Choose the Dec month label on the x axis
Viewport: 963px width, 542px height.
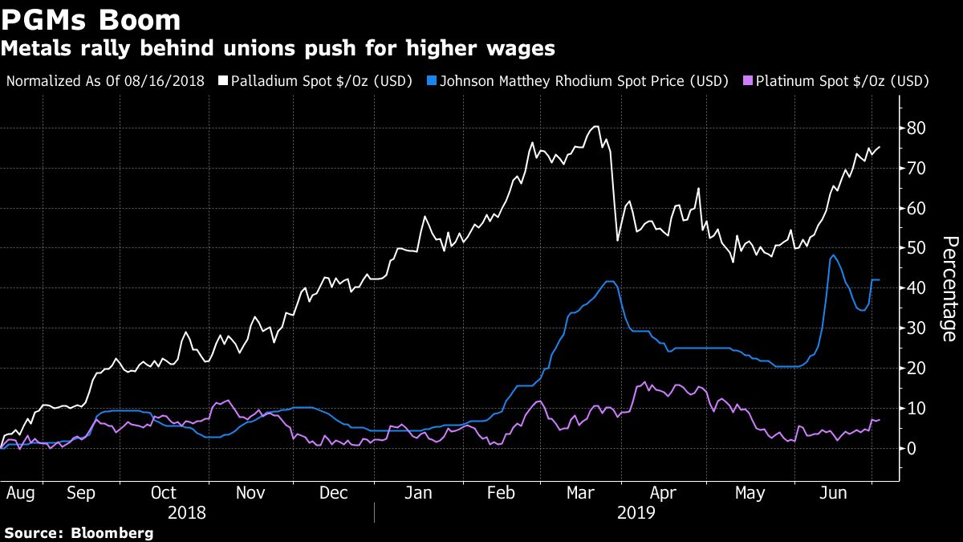pos(333,493)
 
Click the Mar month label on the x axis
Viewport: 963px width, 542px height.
pos(581,493)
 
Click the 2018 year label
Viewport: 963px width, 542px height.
pos(187,511)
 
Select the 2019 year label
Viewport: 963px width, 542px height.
pos(636,511)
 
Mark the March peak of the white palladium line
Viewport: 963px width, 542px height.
pos(595,126)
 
